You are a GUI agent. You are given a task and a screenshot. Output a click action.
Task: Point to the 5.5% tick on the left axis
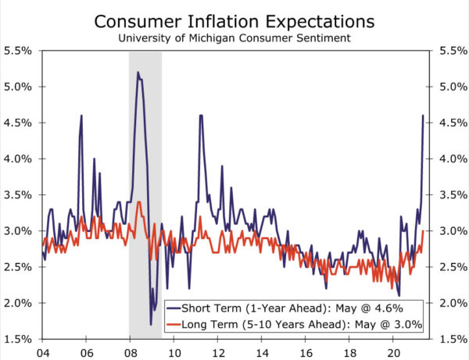pos(19,51)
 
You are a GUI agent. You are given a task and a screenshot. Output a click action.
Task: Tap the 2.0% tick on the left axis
pos(19,303)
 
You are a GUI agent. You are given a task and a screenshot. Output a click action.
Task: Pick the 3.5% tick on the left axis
pos(19,194)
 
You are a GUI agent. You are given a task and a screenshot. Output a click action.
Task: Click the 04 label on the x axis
pos(42,351)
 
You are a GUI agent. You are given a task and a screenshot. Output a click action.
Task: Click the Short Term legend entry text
pos(300,307)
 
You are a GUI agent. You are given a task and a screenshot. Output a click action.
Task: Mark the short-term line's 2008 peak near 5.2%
pos(138,73)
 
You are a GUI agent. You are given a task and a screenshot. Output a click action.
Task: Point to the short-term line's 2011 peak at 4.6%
pos(201,116)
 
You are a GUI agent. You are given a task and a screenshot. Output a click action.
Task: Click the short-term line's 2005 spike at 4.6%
pos(81,116)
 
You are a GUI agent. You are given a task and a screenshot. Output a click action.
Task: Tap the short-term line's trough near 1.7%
pos(151,324)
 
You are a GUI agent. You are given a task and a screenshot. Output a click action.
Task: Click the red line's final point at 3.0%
pos(424,230)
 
